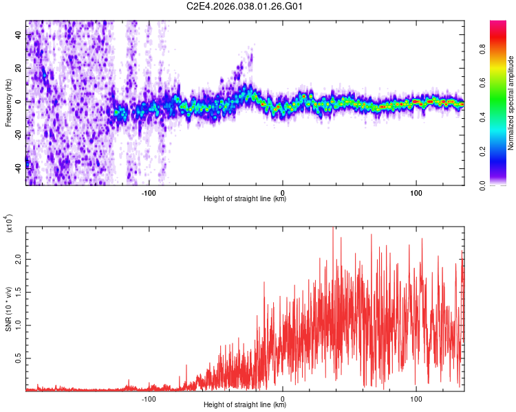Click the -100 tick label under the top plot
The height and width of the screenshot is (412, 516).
tap(149, 193)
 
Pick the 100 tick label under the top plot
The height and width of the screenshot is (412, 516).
tap(416, 193)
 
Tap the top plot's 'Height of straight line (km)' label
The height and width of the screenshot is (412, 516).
tap(245, 199)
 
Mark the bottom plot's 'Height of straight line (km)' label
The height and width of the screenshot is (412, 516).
tap(245, 405)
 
